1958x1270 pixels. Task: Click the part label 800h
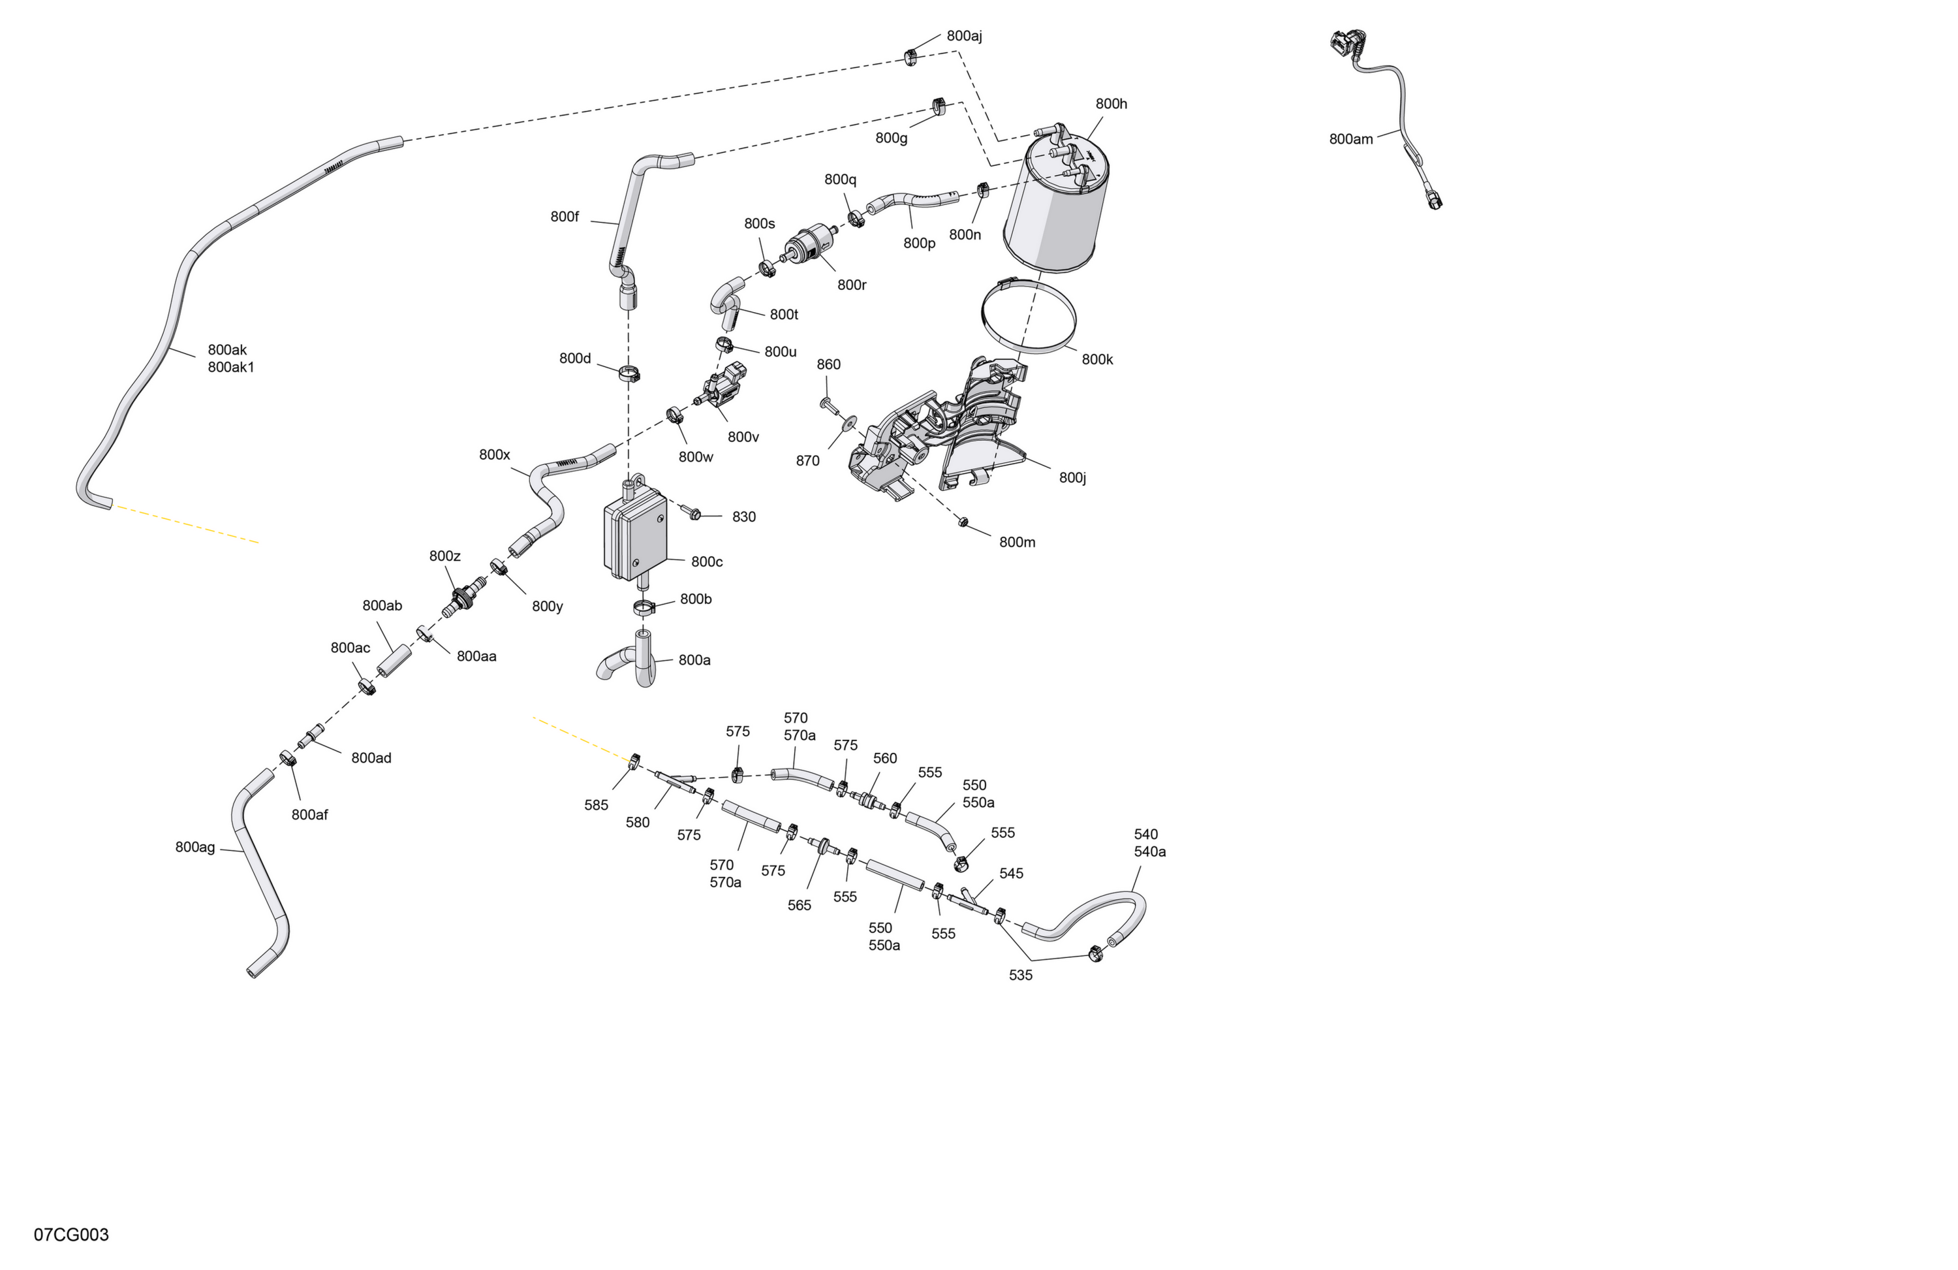1111,104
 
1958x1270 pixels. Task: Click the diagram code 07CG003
72,1235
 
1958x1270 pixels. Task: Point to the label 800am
1351,139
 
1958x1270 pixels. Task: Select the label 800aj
964,36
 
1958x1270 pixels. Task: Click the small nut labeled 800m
963,522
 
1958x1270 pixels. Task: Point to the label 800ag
195,847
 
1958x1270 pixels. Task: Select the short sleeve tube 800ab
394,661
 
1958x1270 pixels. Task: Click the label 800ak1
231,367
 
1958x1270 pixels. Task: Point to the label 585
597,805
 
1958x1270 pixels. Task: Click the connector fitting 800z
463,597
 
